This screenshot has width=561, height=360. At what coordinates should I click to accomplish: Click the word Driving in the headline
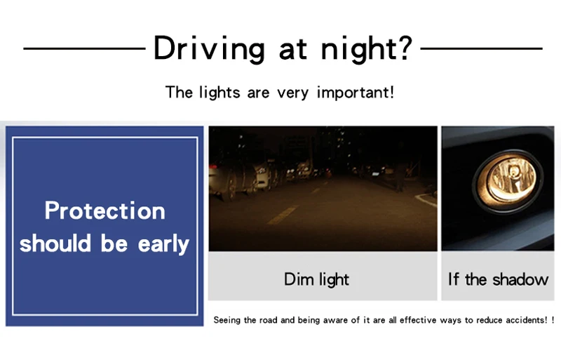coord(209,48)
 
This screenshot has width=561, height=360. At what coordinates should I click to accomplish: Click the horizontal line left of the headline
coord(84,48)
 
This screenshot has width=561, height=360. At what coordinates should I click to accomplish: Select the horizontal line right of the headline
coord(481,48)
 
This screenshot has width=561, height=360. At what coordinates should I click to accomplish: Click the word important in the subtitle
coord(356,93)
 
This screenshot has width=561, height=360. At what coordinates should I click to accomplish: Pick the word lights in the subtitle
coord(219,92)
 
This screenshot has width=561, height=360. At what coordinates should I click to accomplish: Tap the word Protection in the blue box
coord(104,211)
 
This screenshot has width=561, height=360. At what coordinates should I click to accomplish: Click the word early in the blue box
coord(163,245)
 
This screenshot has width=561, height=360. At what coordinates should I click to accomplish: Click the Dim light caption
coord(316,279)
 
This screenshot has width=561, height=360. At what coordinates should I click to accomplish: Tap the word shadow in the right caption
coord(520,279)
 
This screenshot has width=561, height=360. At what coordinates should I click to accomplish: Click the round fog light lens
coord(507,181)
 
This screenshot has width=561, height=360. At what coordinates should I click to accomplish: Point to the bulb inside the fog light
coord(513,173)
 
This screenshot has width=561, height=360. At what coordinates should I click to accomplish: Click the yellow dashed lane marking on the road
coord(283,215)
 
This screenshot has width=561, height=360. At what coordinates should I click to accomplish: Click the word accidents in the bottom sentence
coord(527,320)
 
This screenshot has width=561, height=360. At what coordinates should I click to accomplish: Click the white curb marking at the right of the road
coord(426,199)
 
